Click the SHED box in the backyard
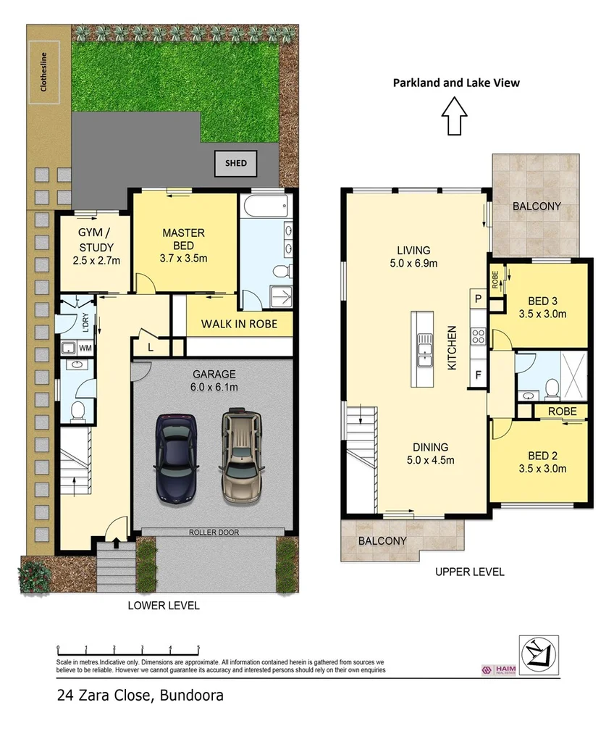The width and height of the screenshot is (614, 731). pyautogui.click(x=236, y=164)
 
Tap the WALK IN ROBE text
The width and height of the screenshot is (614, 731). pyautogui.click(x=239, y=324)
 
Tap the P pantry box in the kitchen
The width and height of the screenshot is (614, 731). pyautogui.click(x=479, y=298)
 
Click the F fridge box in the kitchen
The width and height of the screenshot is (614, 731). pyautogui.click(x=479, y=375)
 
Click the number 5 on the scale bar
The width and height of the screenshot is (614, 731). pyautogui.click(x=198, y=648)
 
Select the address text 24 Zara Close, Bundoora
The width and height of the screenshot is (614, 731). pyautogui.click(x=140, y=696)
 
